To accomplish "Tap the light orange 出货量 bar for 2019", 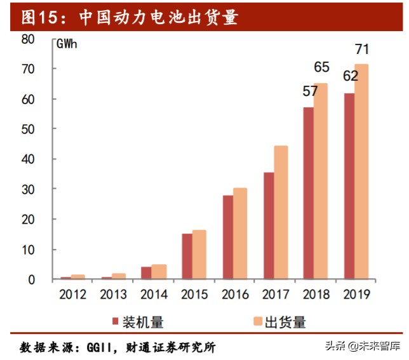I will tap(361, 171).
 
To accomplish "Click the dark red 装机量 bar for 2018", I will tap(309, 193).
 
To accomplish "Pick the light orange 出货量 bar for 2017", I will tap(280, 212).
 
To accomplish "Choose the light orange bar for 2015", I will tap(199, 255).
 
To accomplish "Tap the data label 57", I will tap(310, 91).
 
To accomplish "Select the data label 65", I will tap(322, 67).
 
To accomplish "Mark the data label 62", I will tap(350, 77).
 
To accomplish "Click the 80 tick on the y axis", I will tap(27, 39).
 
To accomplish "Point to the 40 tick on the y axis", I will tap(27, 159).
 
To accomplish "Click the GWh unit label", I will tap(68, 44).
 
